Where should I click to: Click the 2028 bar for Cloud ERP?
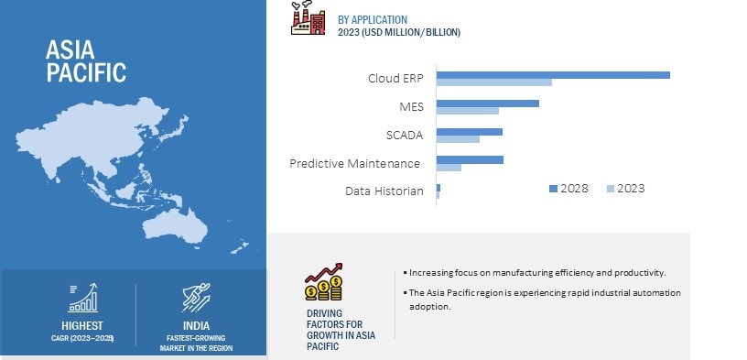[x=553, y=75]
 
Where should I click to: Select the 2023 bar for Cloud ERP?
[x=494, y=82]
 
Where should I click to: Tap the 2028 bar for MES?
[x=488, y=104]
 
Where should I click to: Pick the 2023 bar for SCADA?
[x=458, y=139]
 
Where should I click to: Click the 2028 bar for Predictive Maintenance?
[x=470, y=159]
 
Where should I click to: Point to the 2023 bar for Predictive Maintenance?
[x=449, y=168]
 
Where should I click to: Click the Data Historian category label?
[x=384, y=191]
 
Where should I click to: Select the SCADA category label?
[x=405, y=136]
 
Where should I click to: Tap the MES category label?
[x=411, y=107]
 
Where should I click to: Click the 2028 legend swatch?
[x=553, y=189]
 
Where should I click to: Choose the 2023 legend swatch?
[x=611, y=189]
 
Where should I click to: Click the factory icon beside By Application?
[x=309, y=17]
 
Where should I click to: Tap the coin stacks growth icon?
[x=324, y=282]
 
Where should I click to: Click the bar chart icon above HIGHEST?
[x=83, y=298]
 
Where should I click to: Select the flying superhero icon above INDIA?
[x=196, y=298]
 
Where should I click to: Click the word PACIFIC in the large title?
[x=86, y=72]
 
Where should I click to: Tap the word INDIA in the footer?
[x=196, y=326]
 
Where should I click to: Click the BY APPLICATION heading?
[x=373, y=20]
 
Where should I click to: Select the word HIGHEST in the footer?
[x=82, y=326]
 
